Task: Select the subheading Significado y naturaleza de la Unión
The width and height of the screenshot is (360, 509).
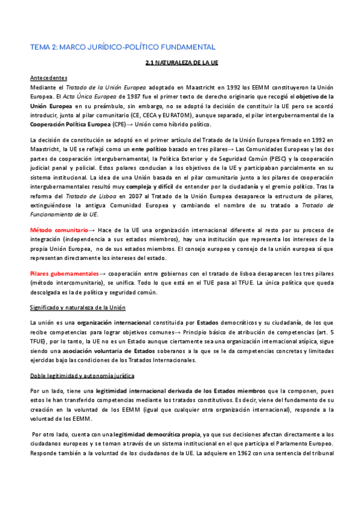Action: click(x=77, y=308)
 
